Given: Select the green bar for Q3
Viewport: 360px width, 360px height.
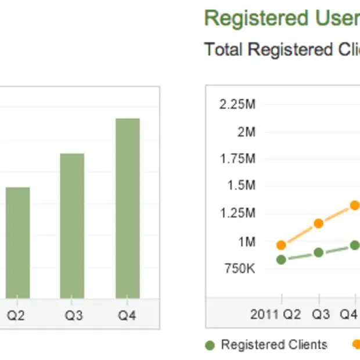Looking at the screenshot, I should pyautogui.click(x=72, y=226).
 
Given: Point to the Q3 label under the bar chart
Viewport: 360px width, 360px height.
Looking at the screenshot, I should pyautogui.click(x=73, y=316).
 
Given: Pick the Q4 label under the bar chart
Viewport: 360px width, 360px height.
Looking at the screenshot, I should pyautogui.click(x=127, y=316).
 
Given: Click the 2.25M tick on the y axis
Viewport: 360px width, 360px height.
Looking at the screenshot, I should pyautogui.click(x=237, y=105).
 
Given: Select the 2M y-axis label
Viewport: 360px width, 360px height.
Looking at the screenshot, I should pyautogui.click(x=246, y=132).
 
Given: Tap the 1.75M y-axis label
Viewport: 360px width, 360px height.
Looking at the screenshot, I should pyautogui.click(x=237, y=159).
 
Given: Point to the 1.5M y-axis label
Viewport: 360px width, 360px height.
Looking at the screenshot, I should pyautogui.click(x=240, y=186).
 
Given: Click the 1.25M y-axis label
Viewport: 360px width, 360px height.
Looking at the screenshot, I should pyautogui.click(x=237, y=213).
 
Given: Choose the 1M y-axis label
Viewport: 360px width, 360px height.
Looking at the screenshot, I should pyautogui.click(x=246, y=242).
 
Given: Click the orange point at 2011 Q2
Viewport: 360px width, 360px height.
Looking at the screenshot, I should pyautogui.click(x=282, y=245).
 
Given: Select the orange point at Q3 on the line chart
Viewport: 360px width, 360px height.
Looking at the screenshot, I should pyautogui.click(x=318, y=224).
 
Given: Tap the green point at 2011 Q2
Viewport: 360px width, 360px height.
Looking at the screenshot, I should pyautogui.click(x=282, y=260).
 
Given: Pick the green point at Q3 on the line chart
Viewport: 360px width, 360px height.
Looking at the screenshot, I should pyautogui.click(x=318, y=253).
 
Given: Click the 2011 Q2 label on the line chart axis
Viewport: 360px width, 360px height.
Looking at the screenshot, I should pyautogui.click(x=276, y=315).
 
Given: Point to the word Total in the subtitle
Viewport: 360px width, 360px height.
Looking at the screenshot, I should pyautogui.click(x=224, y=50).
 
